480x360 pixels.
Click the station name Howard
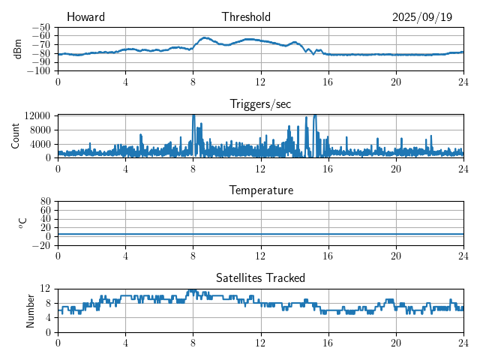pyautogui.click(x=85, y=17)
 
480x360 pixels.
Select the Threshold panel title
pyautogui.click(x=246, y=17)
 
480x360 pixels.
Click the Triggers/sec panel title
pyautogui.click(x=260, y=104)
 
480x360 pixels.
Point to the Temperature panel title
pyautogui.click(x=260, y=190)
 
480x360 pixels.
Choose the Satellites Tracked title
pyautogui.click(x=260, y=277)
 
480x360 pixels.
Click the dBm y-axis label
pyautogui.click(x=18, y=49)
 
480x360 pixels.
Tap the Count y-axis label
pyautogui.click(x=16, y=136)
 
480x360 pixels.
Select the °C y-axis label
pyautogui.click(x=22, y=223)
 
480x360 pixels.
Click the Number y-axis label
pyautogui.click(x=30, y=310)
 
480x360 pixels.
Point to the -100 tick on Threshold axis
pyautogui.click(x=39, y=71)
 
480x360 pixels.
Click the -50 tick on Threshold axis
pyautogui.click(x=42, y=28)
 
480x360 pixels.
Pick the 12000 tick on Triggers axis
pyautogui.click(x=37, y=115)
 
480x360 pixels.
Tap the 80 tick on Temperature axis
pyautogui.click(x=46, y=202)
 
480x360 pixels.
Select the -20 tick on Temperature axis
pyautogui.click(x=42, y=245)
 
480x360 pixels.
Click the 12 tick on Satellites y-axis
pyautogui.click(x=46, y=289)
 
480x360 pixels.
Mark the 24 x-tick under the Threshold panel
pyautogui.click(x=463, y=82)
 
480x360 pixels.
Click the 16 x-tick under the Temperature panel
pyautogui.click(x=328, y=256)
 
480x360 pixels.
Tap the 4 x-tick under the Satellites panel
pyautogui.click(x=125, y=343)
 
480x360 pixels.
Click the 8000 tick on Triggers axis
pyautogui.click(x=39, y=129)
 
